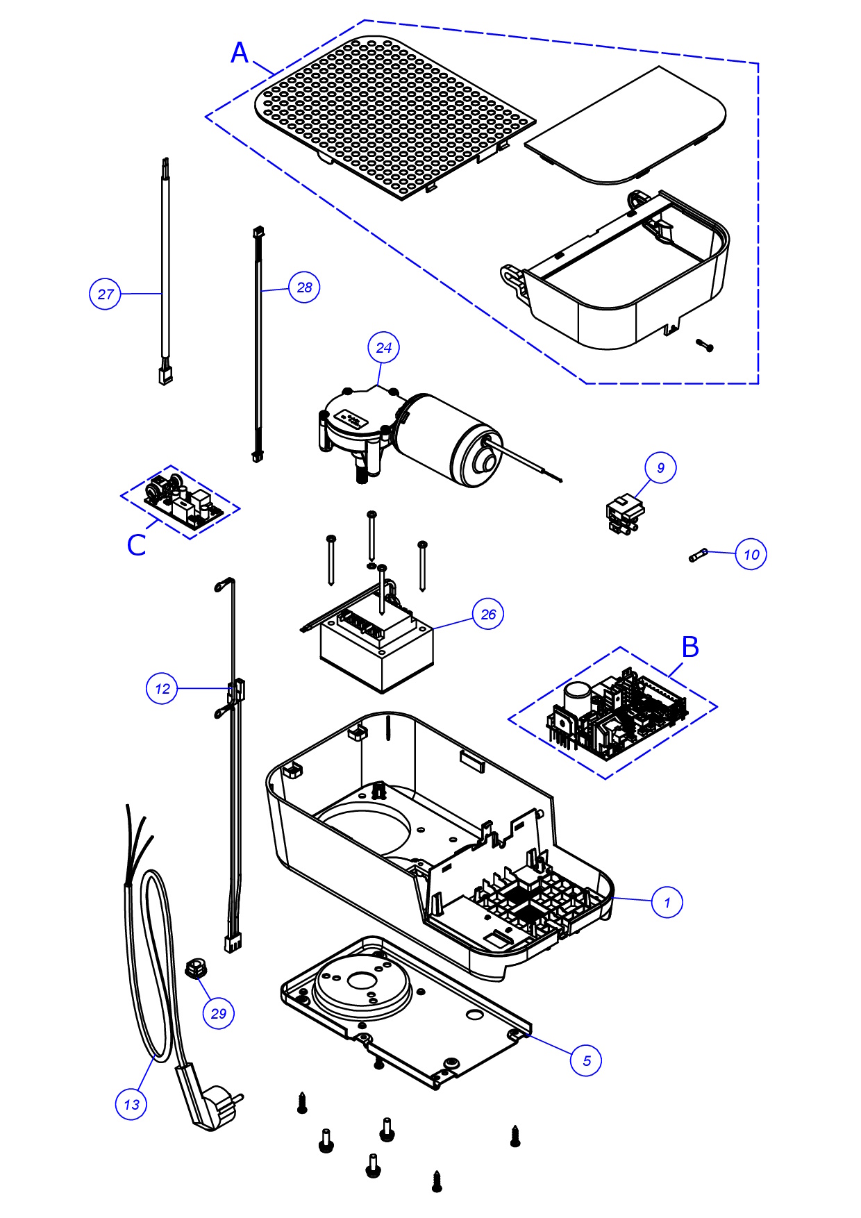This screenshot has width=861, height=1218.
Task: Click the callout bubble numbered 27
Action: pyautogui.click(x=105, y=294)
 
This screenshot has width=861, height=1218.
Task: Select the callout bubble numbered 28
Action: pyautogui.click(x=304, y=287)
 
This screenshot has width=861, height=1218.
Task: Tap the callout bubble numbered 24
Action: pyautogui.click(x=384, y=347)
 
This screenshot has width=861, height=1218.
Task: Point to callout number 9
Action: pyautogui.click(x=660, y=467)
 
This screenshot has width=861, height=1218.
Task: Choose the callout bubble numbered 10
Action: pyautogui.click(x=751, y=554)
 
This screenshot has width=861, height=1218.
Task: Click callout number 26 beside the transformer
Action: pyautogui.click(x=488, y=614)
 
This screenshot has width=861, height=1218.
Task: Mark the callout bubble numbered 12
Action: pyautogui.click(x=162, y=688)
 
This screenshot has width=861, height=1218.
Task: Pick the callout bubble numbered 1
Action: pyautogui.click(x=667, y=902)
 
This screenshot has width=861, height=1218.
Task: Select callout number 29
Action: pyautogui.click(x=218, y=1013)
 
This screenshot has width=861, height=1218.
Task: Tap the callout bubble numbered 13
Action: pyautogui.click(x=131, y=1104)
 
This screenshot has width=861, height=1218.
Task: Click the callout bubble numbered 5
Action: pyautogui.click(x=587, y=1060)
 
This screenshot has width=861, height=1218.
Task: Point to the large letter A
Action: pyautogui.click(x=240, y=53)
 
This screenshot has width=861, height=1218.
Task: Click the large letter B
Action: pyautogui.click(x=690, y=646)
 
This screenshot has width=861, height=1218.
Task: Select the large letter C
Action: pyautogui.click(x=137, y=545)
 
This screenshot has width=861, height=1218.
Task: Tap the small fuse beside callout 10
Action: pyautogui.click(x=699, y=556)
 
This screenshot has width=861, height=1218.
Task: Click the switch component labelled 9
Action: pyautogui.click(x=624, y=514)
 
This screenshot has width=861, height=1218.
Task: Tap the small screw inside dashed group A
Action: pyautogui.click(x=704, y=344)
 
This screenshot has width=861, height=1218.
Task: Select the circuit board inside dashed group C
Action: pyautogui.click(x=182, y=501)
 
